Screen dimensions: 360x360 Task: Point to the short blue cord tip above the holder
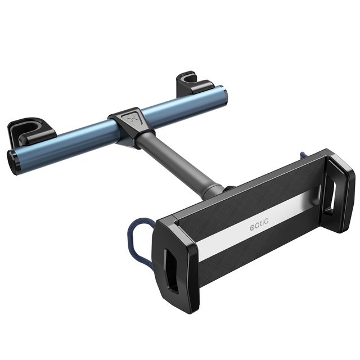tap(303, 156)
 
